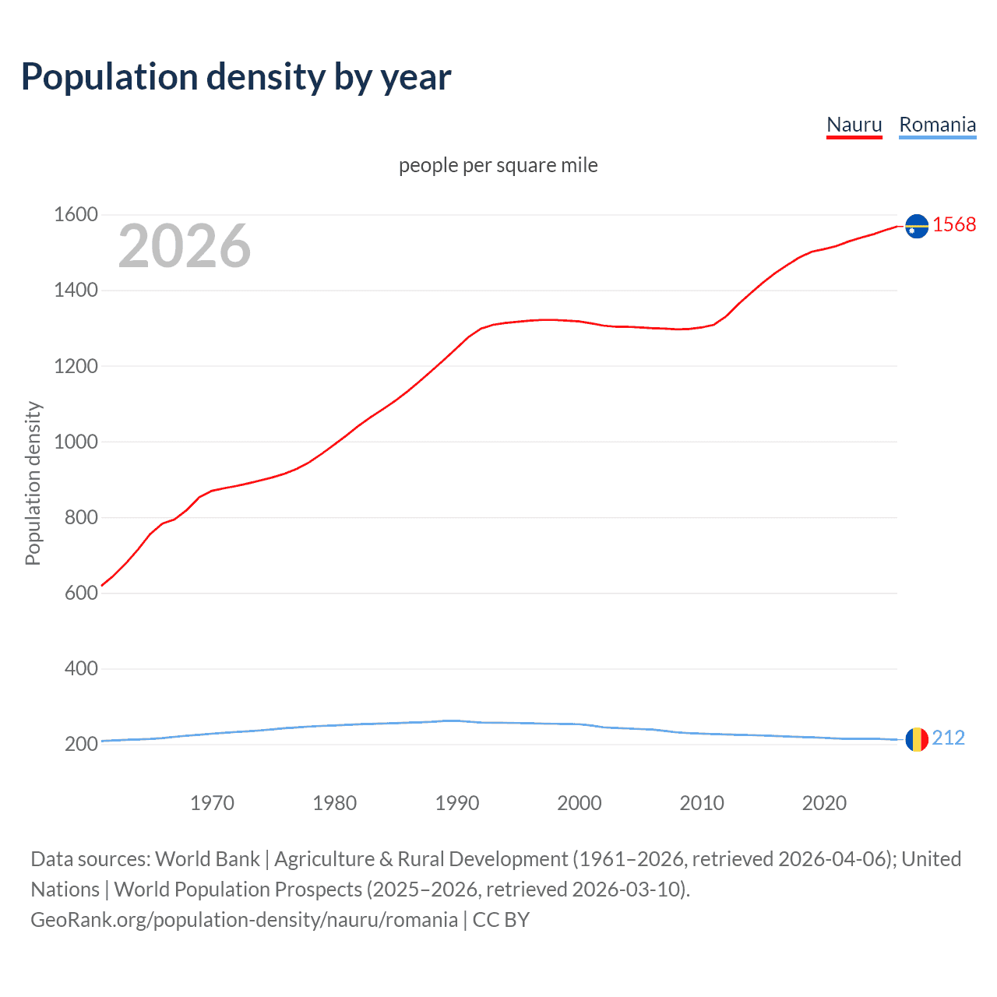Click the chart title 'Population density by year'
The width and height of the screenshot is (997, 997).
tap(236, 76)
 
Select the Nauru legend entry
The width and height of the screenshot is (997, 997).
tap(854, 125)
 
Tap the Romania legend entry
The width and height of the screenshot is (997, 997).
tap(937, 125)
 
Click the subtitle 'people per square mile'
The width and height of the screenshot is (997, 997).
tap(498, 165)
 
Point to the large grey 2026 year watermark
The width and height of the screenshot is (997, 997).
tap(185, 246)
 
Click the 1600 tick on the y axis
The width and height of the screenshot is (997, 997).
tap(76, 214)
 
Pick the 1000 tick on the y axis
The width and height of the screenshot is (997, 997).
tap(76, 442)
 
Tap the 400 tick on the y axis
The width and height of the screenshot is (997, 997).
tap(81, 668)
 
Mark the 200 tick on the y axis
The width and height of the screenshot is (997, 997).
tap(81, 744)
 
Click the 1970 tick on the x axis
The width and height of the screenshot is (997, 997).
tap(212, 803)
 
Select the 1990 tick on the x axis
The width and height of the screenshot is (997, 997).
tap(457, 803)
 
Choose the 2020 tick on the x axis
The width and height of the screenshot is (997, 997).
tap(824, 803)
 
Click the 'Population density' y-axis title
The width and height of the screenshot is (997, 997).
tap(33, 483)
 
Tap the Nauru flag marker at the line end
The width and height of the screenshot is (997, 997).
tap(917, 226)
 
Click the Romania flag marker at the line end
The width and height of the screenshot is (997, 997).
tap(917, 738)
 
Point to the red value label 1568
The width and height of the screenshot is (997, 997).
tap(954, 224)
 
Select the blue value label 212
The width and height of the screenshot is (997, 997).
tap(948, 738)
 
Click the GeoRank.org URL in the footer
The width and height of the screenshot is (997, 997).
tap(244, 920)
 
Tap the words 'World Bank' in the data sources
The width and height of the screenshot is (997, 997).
tap(207, 859)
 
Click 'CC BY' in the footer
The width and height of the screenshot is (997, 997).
tap(501, 920)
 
